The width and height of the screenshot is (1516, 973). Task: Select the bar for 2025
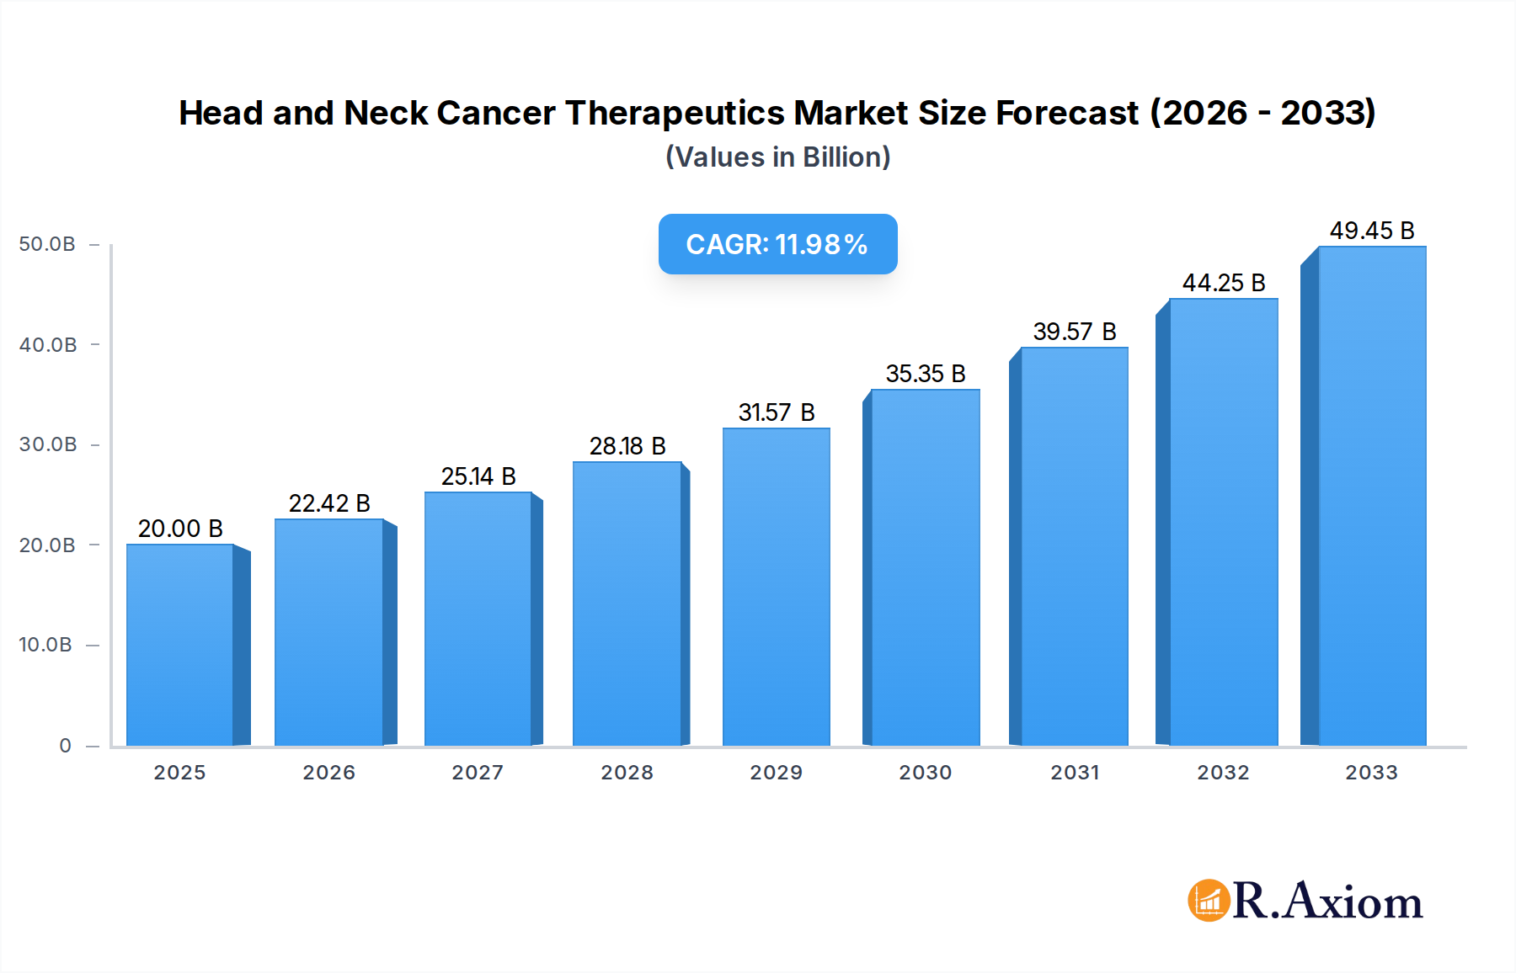(180, 645)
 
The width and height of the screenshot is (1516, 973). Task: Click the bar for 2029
(776, 587)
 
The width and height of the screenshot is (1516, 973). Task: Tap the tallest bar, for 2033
(1371, 496)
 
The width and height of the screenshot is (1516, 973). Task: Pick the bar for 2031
(1074, 546)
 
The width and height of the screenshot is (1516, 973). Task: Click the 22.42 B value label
(329, 503)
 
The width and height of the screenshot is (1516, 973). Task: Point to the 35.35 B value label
(925, 374)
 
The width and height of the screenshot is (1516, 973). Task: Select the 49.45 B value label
(1371, 231)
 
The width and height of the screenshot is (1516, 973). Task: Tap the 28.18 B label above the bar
(627, 446)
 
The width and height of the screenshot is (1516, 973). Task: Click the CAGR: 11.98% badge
(777, 244)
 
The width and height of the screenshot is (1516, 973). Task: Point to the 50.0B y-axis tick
(47, 244)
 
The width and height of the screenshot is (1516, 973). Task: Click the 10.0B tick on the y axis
(45, 645)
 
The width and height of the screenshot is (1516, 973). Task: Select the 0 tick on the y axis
(65, 746)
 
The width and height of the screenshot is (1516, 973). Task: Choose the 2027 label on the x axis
(478, 773)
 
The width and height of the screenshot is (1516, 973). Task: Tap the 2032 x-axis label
(1223, 773)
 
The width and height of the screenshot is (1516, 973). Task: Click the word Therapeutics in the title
(676, 113)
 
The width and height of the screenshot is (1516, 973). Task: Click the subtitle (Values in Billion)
(777, 157)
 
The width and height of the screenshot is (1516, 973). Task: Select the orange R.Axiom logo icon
(1209, 901)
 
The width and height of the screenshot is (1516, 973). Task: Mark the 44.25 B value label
(1223, 283)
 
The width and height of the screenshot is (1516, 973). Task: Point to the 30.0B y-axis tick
(47, 444)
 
